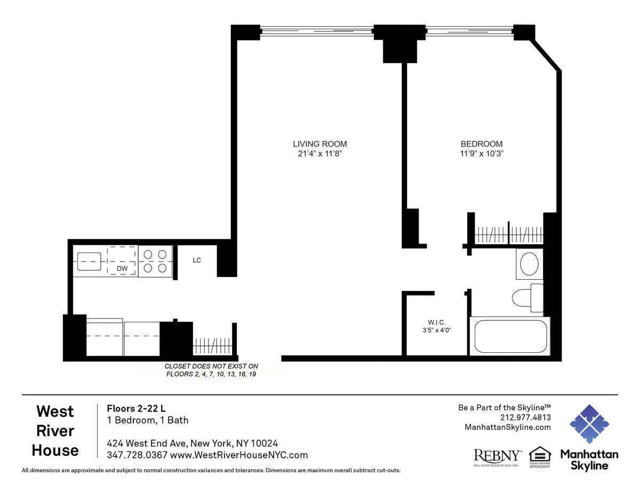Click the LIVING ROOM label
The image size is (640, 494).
click(320, 144)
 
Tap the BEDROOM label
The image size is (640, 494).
click(482, 144)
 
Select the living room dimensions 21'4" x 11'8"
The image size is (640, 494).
click(320, 154)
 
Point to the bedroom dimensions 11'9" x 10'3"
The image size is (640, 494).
click(482, 154)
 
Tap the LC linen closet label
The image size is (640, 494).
click(197, 260)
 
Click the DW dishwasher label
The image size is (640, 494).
click(122, 269)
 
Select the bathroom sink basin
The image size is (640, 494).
click(529, 264)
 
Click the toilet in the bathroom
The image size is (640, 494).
click(528, 297)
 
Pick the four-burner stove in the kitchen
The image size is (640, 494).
click(155, 261)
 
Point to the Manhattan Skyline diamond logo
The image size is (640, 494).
click(589, 424)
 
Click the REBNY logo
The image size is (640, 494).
click(498, 456)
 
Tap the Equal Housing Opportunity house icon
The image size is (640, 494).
click(539, 455)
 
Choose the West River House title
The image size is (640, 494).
click(55, 431)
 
